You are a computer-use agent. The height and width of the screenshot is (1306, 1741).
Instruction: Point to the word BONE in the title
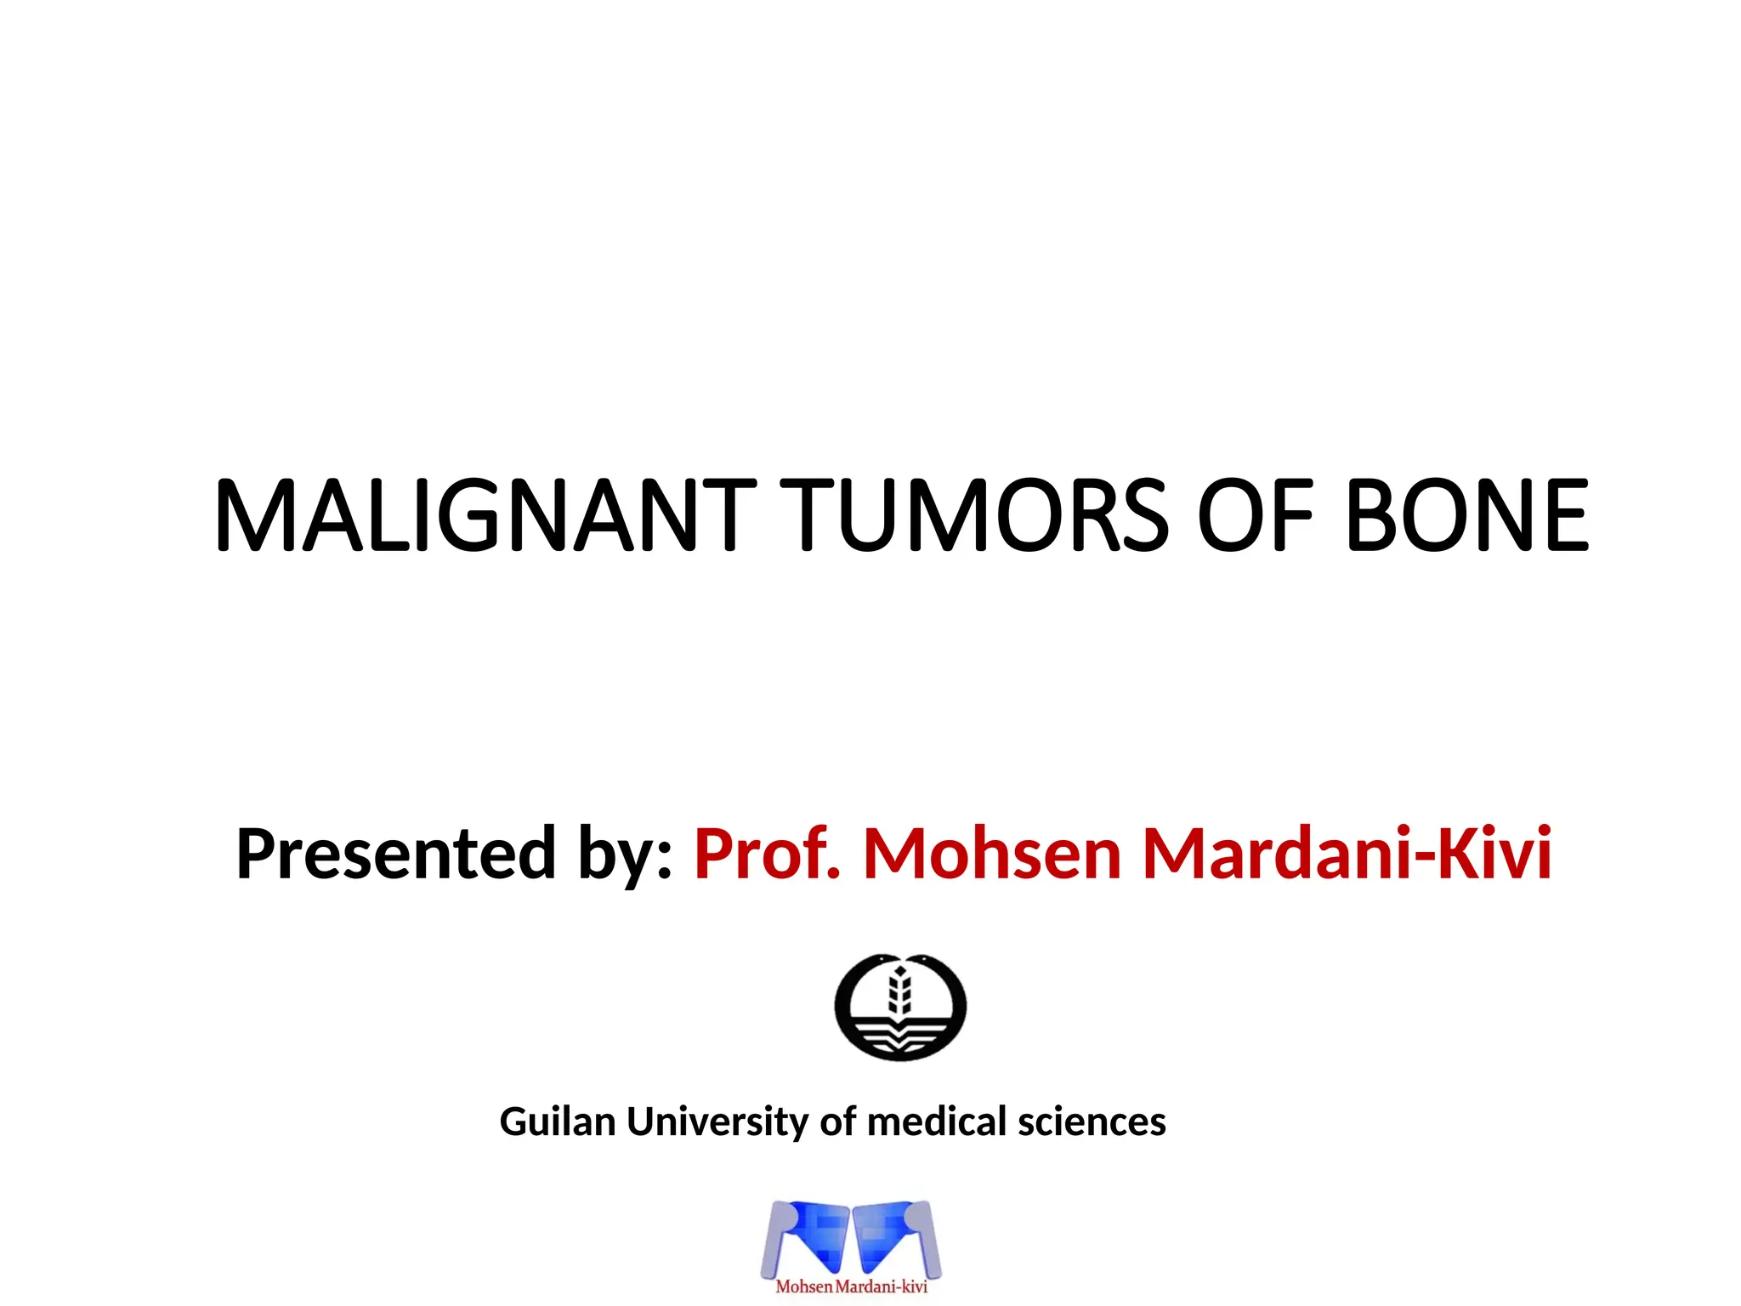tap(1466, 515)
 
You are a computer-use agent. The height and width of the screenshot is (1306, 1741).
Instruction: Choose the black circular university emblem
tap(900, 1007)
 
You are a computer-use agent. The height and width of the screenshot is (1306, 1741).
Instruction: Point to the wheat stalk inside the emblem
tap(900, 991)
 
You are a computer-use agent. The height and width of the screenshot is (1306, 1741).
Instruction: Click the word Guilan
tap(557, 1121)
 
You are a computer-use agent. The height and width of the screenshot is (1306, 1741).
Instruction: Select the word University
tap(717, 1123)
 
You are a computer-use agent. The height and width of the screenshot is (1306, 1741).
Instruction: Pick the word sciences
tap(1092, 1121)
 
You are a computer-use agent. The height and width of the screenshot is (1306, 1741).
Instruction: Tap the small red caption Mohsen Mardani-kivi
tap(851, 1286)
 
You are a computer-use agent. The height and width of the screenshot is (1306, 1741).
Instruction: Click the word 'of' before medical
tap(837, 1121)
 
